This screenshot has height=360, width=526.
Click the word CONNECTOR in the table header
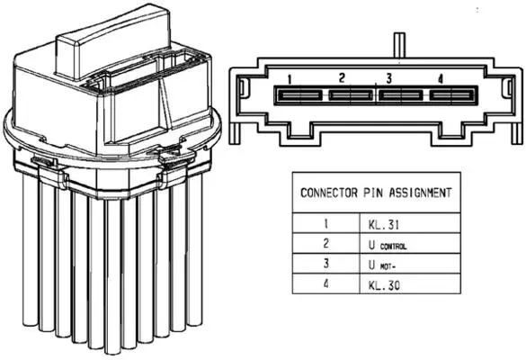(x=329, y=193)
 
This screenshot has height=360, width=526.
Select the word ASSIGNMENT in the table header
(x=420, y=193)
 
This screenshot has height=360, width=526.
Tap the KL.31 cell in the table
(x=384, y=225)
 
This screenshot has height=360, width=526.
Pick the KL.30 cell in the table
(x=384, y=285)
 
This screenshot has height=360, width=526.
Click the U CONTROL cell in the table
(x=388, y=246)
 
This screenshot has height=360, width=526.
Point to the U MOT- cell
(x=382, y=265)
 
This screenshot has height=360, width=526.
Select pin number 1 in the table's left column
(x=325, y=224)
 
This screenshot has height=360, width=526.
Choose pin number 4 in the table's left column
(x=326, y=284)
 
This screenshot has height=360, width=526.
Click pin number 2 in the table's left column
(x=326, y=244)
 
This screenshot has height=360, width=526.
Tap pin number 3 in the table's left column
(x=326, y=264)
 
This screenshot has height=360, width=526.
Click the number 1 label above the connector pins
(x=290, y=79)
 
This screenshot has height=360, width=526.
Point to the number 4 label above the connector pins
(x=441, y=79)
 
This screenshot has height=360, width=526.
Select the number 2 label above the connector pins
(x=342, y=78)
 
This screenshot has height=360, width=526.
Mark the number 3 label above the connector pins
(x=388, y=78)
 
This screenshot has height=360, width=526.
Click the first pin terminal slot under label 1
(x=299, y=95)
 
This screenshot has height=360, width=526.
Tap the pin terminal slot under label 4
(x=452, y=95)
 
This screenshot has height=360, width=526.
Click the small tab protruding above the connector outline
(x=399, y=45)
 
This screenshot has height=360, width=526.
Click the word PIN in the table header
(x=373, y=193)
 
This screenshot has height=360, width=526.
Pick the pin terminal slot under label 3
(x=400, y=95)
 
